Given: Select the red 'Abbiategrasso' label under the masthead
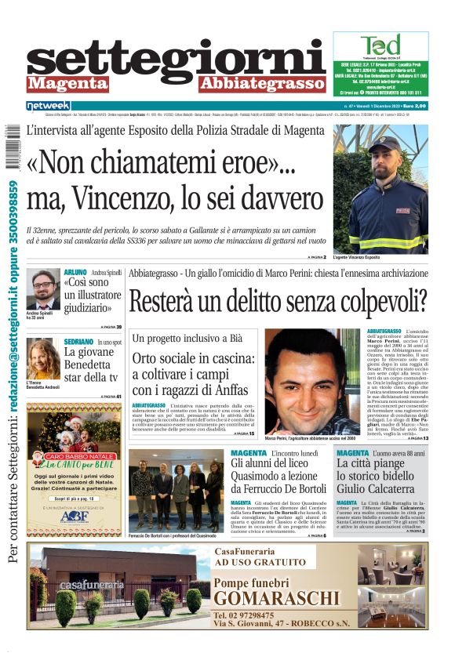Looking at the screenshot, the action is click(262, 84).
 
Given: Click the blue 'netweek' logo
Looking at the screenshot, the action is click(49, 106).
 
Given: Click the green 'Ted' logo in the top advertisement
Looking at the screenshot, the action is click(380, 45).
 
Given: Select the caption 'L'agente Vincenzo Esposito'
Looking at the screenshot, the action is click(356, 257).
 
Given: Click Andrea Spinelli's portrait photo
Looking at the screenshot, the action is click(42, 290).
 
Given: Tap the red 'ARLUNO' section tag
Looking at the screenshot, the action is click(75, 273).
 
